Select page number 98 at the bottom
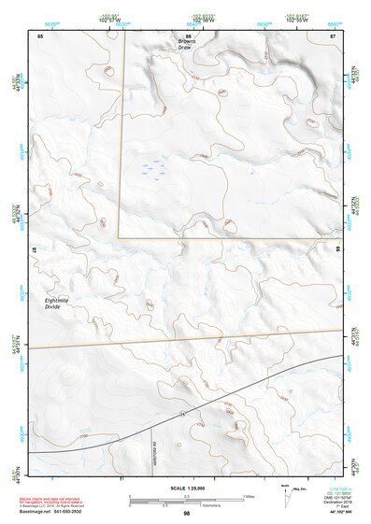coord(187,514)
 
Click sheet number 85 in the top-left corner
coord(40,35)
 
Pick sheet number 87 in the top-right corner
coord(333,35)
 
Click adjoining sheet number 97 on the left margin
coord(34,252)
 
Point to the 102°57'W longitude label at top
coord(110,20)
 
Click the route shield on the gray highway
coord(183,413)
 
